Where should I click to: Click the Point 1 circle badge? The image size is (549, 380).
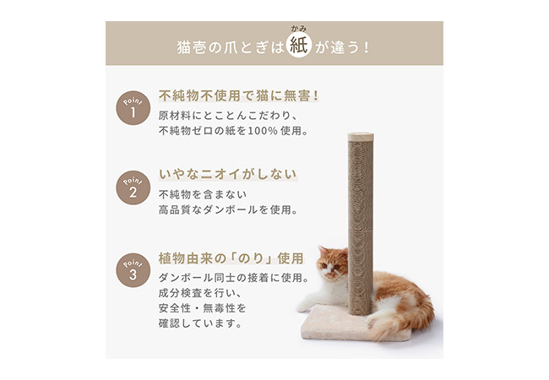(133, 108)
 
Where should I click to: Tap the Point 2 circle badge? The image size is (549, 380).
(133, 187)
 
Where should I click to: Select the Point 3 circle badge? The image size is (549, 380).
(133, 270)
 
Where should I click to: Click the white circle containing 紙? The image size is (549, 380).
(299, 45)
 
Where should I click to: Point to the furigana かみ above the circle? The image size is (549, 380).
(299, 29)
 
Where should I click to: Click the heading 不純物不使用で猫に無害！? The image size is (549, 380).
(239, 95)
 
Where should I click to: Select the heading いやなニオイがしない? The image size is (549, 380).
(228, 174)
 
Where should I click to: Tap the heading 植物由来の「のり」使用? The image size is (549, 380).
(231, 258)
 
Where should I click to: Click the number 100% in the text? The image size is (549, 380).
(263, 131)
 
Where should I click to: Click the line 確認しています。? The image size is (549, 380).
(200, 323)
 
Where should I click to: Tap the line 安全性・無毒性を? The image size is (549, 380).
(202, 308)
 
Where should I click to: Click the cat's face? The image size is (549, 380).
(331, 267)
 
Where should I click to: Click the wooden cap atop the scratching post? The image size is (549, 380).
(361, 137)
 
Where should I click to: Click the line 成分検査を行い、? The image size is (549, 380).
(200, 292)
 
